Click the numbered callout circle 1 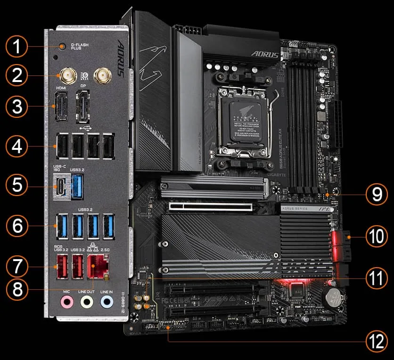coord(17,47)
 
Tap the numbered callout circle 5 coord(17,185)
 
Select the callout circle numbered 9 coord(377,194)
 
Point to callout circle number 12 coord(377,340)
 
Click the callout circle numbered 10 coord(377,237)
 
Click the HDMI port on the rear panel coord(61,106)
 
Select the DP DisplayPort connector coord(84,106)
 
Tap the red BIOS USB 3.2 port coord(61,267)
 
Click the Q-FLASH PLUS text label coord(83,46)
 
